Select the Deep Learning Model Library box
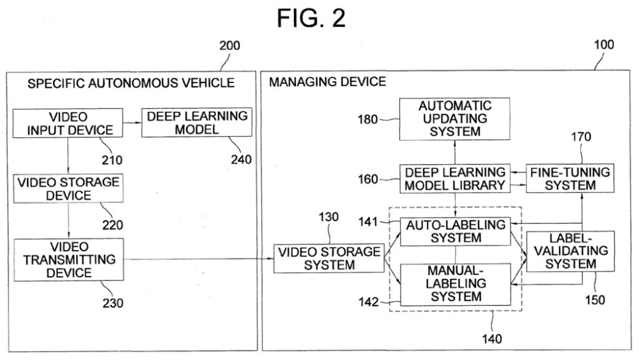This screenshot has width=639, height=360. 454,178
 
